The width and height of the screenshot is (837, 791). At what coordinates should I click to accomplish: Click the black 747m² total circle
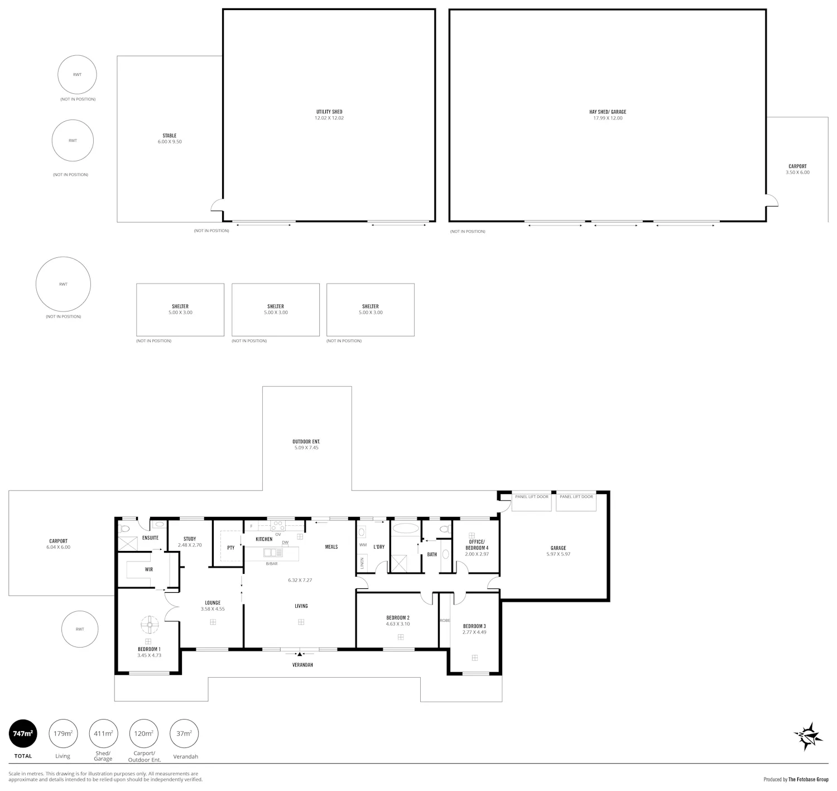[x=23, y=734]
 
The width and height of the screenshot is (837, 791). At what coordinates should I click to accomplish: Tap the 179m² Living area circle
[x=63, y=734]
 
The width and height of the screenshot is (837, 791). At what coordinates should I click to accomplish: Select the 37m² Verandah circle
[x=184, y=734]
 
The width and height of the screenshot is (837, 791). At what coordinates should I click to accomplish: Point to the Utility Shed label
[x=329, y=112]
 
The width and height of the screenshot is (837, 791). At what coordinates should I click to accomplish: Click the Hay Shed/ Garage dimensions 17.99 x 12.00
[x=607, y=118]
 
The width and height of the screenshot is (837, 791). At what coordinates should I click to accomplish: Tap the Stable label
[x=170, y=135]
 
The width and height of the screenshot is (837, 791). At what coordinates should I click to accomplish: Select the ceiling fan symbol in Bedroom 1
[x=150, y=625]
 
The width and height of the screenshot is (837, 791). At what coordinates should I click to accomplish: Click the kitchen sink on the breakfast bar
[x=273, y=552]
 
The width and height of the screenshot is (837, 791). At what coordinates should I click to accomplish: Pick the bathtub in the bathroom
[x=405, y=529]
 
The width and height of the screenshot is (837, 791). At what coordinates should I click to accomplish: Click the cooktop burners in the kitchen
[x=277, y=525]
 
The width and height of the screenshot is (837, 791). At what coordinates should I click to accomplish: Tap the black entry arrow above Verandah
[x=299, y=654]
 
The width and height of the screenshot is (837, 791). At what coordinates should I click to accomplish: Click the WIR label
[x=149, y=569]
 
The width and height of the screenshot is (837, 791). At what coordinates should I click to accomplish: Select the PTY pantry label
[x=231, y=548]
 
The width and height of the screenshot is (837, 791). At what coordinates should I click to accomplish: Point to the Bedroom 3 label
[x=474, y=626]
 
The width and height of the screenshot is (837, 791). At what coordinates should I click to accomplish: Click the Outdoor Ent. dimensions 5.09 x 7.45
[x=306, y=447]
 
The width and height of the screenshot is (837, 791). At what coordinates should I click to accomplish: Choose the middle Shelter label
[x=276, y=306]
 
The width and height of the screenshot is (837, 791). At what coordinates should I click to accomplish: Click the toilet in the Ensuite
[x=124, y=529]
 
